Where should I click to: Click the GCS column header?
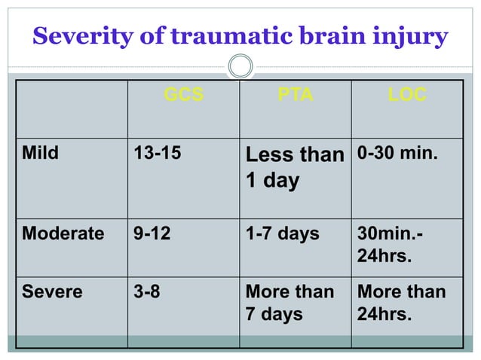point(183,96)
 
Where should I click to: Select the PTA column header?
point(296,96)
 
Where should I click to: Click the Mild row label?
point(41,154)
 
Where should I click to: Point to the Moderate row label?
point(63,233)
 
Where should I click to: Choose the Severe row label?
point(52,291)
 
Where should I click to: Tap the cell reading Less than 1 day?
point(294,168)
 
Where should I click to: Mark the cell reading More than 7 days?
point(290,302)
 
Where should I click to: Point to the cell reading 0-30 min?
point(397,154)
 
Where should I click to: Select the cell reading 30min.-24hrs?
point(390,244)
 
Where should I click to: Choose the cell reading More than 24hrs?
point(401,302)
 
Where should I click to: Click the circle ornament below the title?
point(240,66)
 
